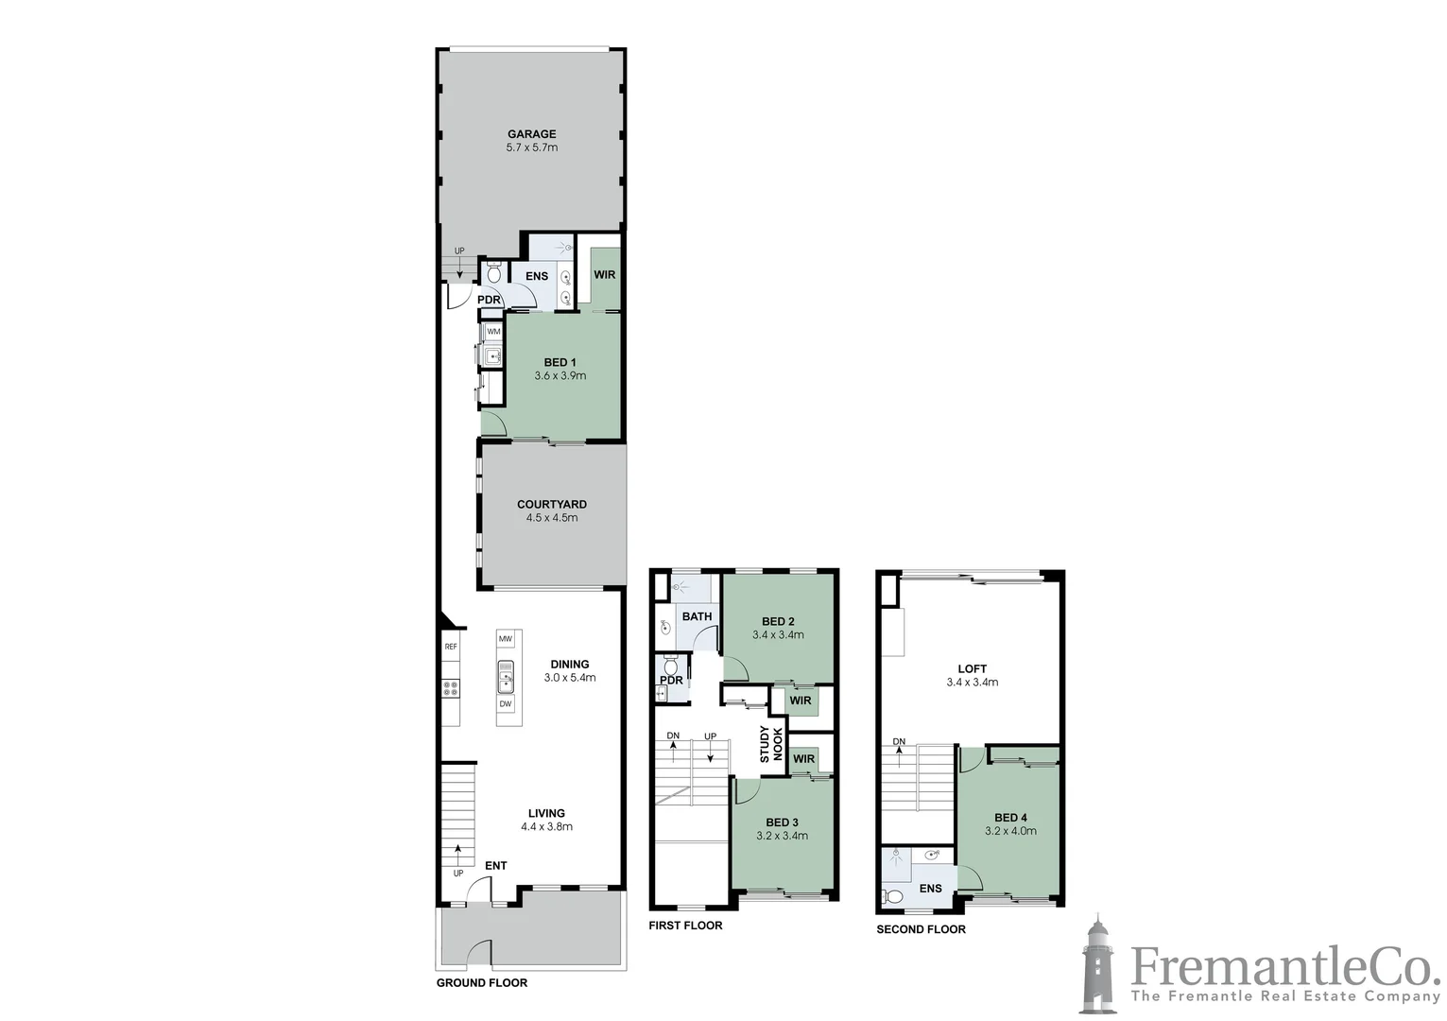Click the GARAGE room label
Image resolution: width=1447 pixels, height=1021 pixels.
pyautogui.click(x=531, y=134)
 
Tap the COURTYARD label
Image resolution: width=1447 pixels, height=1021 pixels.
pyautogui.click(x=551, y=505)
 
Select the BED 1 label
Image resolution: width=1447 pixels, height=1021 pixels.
pyautogui.click(x=560, y=362)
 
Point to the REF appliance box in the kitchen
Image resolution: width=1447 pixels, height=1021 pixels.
pyautogui.click(x=451, y=647)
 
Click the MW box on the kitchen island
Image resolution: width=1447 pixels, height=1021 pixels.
pyautogui.click(x=506, y=640)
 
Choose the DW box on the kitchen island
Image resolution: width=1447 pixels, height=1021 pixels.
pyautogui.click(x=506, y=703)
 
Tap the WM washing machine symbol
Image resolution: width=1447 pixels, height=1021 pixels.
pyautogui.click(x=493, y=332)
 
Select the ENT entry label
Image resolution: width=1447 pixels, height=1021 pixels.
pyautogui.click(x=495, y=866)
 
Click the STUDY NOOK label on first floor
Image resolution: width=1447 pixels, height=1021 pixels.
pyautogui.click(x=771, y=744)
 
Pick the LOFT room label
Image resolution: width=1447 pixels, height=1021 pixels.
pyautogui.click(x=972, y=668)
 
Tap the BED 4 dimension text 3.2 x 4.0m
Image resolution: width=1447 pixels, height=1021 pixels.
pyautogui.click(x=1010, y=832)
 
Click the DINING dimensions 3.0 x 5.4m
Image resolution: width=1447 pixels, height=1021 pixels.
pyautogui.click(x=569, y=678)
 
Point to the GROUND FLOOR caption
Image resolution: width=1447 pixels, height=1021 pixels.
pyautogui.click(x=481, y=983)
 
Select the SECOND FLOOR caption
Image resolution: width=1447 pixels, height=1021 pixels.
pyautogui.click(x=921, y=929)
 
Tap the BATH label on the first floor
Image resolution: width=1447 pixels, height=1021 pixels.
pyautogui.click(x=697, y=616)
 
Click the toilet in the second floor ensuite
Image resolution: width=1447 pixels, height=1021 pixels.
pyautogui.click(x=891, y=896)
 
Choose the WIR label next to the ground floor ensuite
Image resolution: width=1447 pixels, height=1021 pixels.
pyautogui.click(x=604, y=275)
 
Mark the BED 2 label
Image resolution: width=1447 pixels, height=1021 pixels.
pyautogui.click(x=778, y=621)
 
